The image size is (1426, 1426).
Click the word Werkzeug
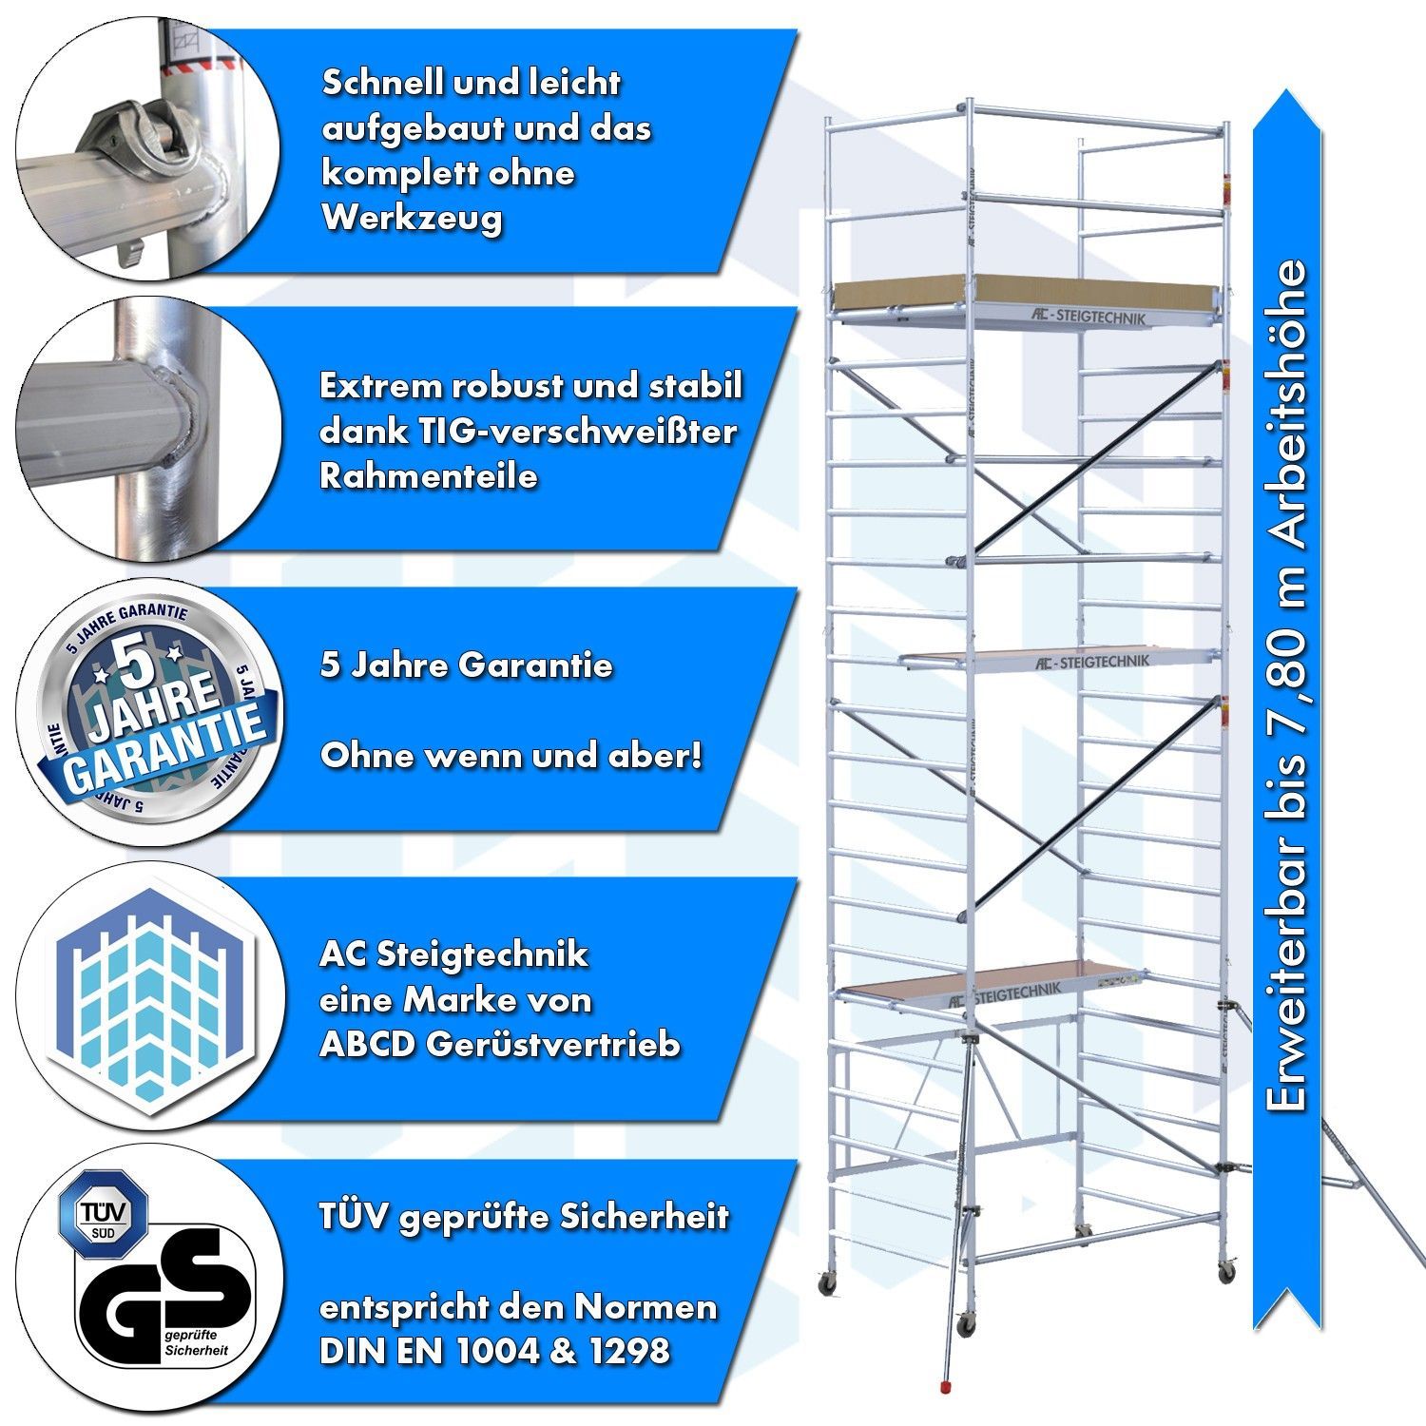tap(412, 219)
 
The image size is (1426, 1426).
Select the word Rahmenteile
tap(428, 475)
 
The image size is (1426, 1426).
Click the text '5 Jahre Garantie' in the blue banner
tap(466, 665)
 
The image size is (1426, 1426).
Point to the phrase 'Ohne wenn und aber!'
tap(511, 756)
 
